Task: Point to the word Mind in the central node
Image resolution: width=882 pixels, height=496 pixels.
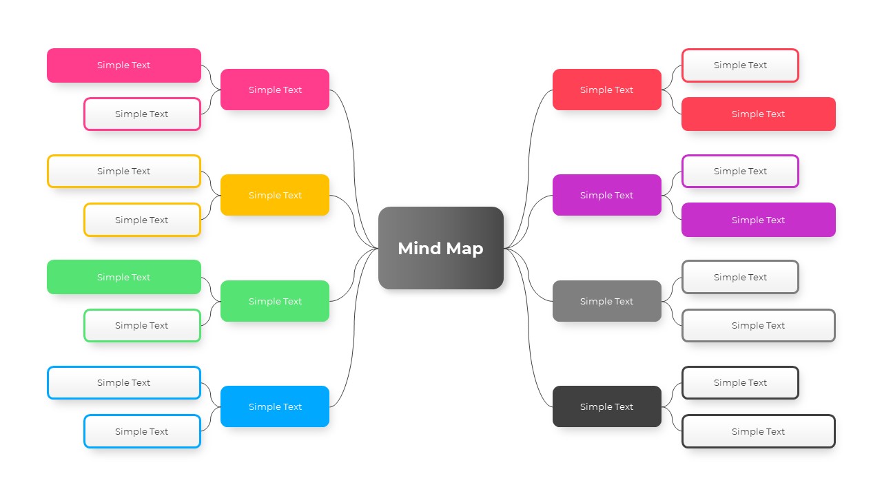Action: click(419, 248)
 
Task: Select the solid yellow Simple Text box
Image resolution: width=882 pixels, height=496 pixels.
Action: click(274, 195)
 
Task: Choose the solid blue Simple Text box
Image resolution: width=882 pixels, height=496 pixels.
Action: click(274, 406)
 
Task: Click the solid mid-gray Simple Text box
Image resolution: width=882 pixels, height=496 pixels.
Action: click(606, 301)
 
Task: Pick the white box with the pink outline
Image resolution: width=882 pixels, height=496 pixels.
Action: click(142, 114)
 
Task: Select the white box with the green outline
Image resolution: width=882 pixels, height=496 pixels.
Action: click(142, 325)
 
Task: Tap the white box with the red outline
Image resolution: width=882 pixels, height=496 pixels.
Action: click(740, 65)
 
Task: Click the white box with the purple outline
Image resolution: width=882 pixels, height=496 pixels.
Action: click(740, 171)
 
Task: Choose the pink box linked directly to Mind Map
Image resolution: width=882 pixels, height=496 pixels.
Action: click(274, 90)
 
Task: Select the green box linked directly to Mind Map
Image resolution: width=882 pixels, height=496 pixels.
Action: click(274, 301)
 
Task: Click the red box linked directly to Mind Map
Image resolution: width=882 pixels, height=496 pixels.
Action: click(606, 90)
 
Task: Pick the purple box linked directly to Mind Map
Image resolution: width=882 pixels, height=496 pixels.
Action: click(606, 195)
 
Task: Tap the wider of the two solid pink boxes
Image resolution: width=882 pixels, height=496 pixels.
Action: click(124, 65)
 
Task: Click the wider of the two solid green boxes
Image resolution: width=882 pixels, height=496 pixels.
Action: click(124, 277)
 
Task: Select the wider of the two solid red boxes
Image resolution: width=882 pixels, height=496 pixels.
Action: click(758, 114)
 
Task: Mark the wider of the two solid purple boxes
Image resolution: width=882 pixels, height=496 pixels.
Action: click(758, 220)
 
